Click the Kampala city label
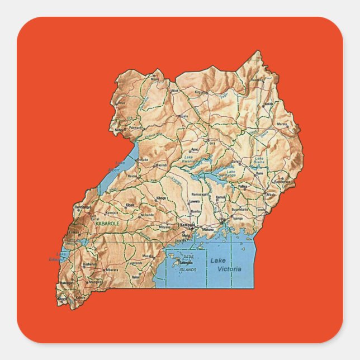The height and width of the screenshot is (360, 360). (187, 225)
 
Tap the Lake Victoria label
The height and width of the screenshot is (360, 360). (226, 264)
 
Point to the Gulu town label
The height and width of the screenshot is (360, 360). (184, 116)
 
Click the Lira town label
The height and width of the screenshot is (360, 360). (212, 143)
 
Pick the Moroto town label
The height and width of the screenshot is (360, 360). (282, 124)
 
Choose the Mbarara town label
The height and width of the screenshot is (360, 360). (112, 269)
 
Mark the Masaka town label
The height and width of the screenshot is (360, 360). (148, 255)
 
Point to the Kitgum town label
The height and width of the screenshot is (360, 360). (201, 92)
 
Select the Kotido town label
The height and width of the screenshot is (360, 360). (269, 103)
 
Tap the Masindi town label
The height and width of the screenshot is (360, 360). (161, 165)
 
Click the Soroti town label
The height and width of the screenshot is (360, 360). (237, 162)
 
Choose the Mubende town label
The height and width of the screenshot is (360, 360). (148, 215)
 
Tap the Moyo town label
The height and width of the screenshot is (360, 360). (155, 79)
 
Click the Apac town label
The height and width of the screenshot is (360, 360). (195, 149)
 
